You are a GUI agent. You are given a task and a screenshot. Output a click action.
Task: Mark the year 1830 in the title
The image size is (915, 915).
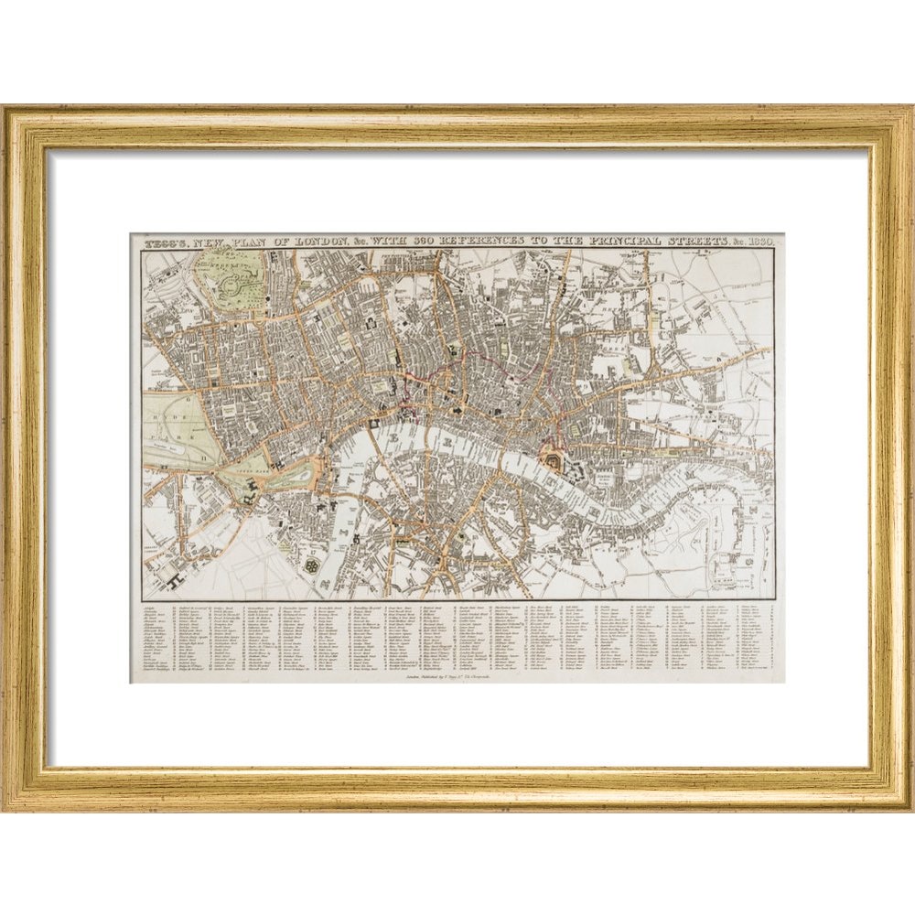(763, 241)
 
